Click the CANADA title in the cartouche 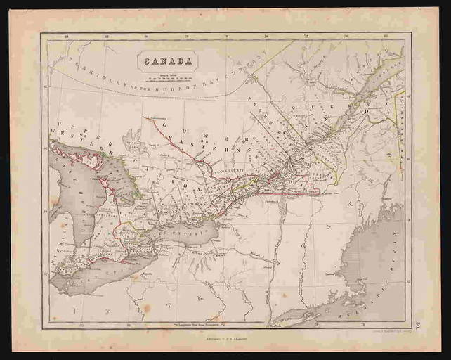(168, 60)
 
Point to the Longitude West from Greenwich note (197, 325)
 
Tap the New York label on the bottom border (274, 325)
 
